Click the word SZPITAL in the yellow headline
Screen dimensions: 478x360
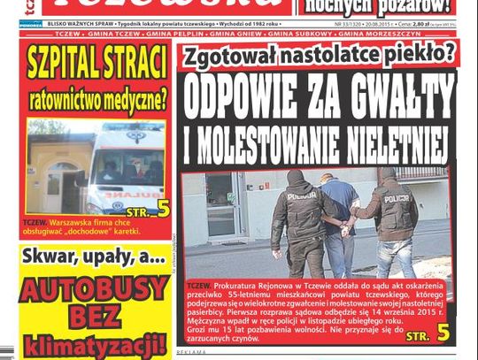click(63, 65)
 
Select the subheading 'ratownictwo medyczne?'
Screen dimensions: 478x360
click(97, 99)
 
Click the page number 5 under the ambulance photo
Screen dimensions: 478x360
click(163, 209)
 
